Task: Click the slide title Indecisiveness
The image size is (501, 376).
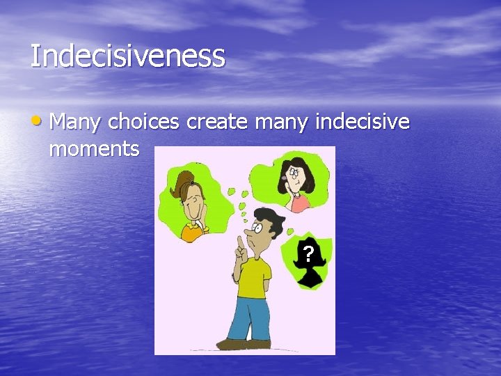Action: (x=127, y=56)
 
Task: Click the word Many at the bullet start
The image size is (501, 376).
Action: (x=77, y=123)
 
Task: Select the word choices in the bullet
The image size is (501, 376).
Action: (x=144, y=123)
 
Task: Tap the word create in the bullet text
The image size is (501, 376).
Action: (x=218, y=123)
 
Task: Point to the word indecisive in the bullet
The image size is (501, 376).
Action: (x=363, y=123)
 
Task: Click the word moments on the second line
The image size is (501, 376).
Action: (x=95, y=148)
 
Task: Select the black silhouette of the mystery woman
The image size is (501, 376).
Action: (x=309, y=268)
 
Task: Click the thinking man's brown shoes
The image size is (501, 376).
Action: (x=234, y=343)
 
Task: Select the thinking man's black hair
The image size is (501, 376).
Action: (x=268, y=217)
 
